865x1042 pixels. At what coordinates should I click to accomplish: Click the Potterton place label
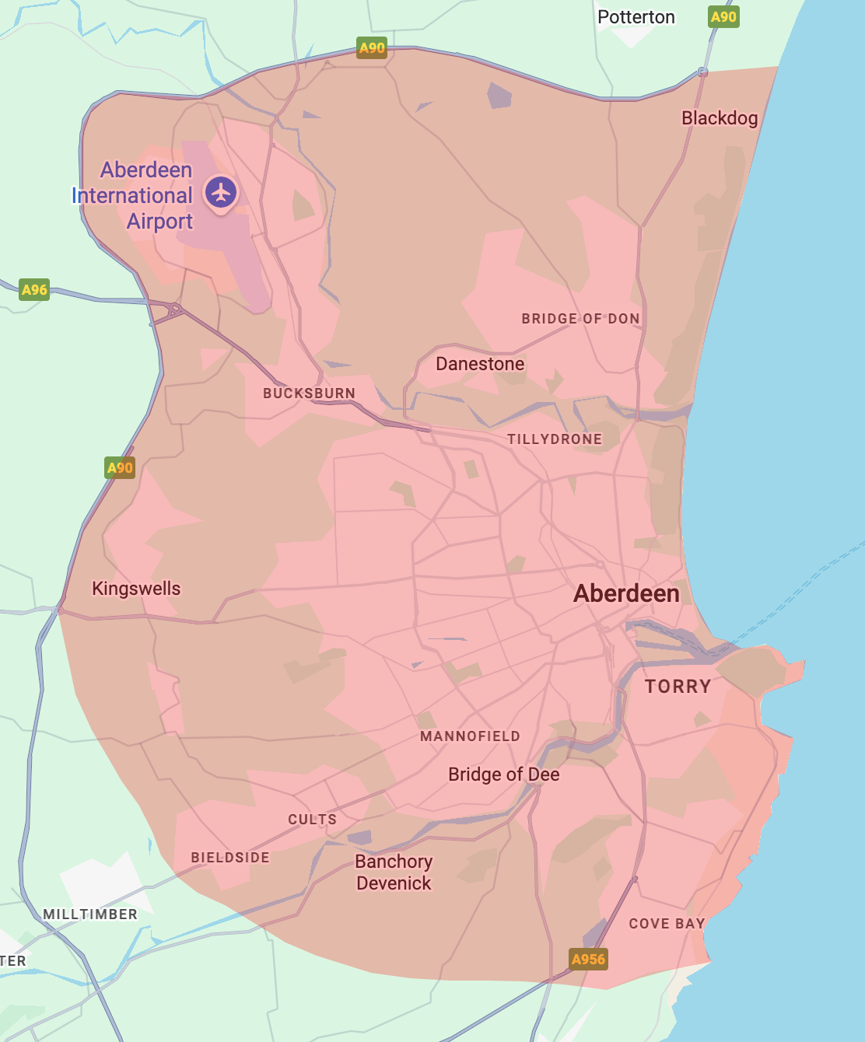click(x=636, y=17)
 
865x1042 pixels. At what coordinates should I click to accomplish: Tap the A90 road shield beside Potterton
click(x=723, y=17)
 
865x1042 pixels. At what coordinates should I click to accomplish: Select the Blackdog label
click(x=720, y=118)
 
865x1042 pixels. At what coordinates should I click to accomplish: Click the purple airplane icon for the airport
click(x=221, y=191)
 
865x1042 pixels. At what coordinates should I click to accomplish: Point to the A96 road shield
click(x=34, y=290)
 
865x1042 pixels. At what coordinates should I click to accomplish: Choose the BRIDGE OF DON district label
click(x=580, y=319)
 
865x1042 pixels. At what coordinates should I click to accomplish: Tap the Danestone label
click(x=480, y=364)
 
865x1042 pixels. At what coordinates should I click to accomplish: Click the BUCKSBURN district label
click(x=309, y=393)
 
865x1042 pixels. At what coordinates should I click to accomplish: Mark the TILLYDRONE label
click(x=555, y=439)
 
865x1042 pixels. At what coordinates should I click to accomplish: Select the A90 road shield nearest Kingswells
click(x=120, y=468)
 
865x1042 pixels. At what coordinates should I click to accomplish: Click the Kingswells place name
click(x=136, y=589)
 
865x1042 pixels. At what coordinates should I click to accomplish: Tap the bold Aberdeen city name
click(x=626, y=594)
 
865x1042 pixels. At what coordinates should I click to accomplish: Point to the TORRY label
click(x=678, y=687)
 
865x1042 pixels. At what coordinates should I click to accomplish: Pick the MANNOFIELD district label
click(x=470, y=736)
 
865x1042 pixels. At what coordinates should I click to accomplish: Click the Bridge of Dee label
click(x=503, y=775)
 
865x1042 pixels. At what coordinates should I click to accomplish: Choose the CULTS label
click(x=312, y=820)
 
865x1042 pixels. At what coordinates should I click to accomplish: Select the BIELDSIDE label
click(x=230, y=858)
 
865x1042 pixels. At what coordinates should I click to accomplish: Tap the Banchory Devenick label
click(x=394, y=872)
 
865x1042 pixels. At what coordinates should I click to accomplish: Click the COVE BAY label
click(x=667, y=924)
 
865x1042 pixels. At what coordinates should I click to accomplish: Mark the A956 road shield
click(x=588, y=960)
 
